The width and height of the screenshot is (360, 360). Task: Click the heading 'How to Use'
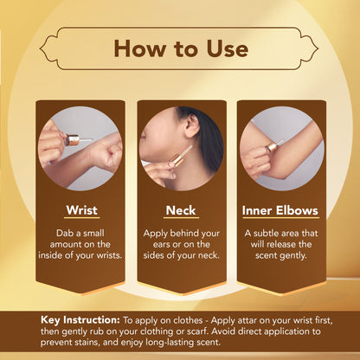coord(181,48)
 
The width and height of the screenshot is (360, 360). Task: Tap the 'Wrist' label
coord(81,210)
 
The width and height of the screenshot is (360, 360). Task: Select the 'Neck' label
coord(181,210)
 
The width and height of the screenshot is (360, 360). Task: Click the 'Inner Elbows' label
coord(280,210)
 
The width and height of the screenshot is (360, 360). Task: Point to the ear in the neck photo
coord(192,125)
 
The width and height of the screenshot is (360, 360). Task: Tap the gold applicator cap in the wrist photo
coord(72,140)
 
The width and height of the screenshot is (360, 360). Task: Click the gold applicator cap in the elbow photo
coord(271,147)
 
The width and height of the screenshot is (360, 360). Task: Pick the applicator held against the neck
coord(181,157)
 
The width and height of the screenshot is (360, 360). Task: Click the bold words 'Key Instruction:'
coord(80,320)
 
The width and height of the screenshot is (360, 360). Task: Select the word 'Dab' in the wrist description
coord(63,233)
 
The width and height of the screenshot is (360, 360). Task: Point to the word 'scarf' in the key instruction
coord(197,331)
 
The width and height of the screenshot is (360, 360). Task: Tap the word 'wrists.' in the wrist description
coord(109,256)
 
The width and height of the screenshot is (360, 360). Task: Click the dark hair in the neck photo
coord(209,138)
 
